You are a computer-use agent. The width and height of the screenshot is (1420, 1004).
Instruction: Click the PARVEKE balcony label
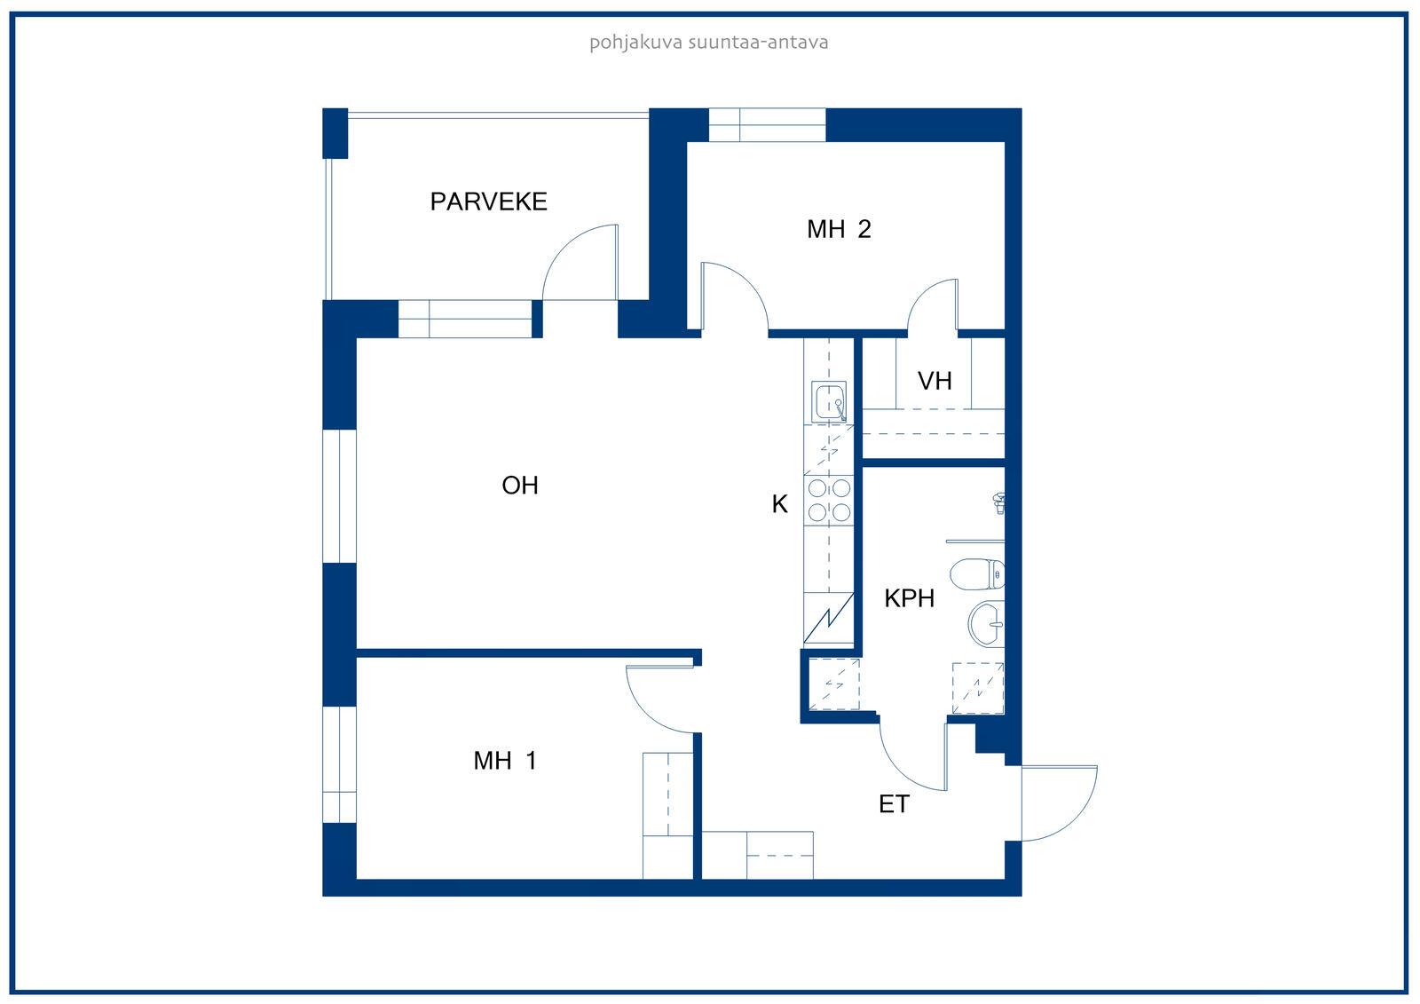488,202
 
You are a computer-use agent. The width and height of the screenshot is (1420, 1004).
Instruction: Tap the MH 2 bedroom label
839,229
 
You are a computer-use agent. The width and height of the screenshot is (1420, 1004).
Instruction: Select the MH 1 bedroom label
505,761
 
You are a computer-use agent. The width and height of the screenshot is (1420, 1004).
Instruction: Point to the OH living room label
520,486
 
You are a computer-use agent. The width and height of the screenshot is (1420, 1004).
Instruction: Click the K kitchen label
780,504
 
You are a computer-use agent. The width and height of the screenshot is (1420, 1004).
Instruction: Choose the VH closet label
935,381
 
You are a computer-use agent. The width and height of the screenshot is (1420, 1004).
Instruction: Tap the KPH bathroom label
909,598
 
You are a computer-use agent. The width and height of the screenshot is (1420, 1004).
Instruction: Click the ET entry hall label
894,804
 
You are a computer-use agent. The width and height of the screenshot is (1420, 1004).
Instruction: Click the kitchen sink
829,401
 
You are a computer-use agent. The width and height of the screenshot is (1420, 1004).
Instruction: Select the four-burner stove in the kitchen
829,501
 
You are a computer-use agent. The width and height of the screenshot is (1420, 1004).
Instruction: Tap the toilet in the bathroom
977,574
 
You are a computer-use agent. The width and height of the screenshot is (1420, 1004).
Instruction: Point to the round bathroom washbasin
986,623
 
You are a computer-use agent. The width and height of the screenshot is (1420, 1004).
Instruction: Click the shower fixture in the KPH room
998,503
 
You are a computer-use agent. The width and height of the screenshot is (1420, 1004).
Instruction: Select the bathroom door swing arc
900,771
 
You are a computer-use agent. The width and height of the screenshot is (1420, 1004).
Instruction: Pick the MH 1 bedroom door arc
647,713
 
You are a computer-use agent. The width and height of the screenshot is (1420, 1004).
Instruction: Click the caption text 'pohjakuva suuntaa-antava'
709,43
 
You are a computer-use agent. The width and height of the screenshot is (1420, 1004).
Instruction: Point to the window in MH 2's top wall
767,125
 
